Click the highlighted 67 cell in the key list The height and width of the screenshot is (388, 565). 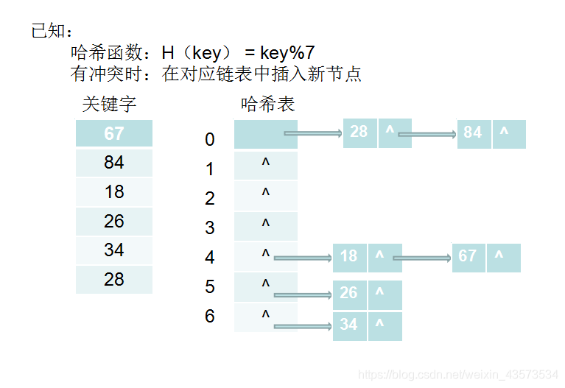tap(114, 134)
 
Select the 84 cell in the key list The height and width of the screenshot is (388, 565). tap(114, 163)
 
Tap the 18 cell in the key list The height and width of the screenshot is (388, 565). tap(114, 192)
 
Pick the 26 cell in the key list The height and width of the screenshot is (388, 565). tap(114, 222)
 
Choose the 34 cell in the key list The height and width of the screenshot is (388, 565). tap(114, 250)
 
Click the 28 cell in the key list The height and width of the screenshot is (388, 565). tap(114, 280)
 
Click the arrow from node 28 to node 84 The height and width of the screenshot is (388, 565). tap(427, 134)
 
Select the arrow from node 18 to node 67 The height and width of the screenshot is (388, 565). tap(421, 258)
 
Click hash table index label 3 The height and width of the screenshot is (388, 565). tap(210, 227)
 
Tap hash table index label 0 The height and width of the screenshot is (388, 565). tap(210, 139)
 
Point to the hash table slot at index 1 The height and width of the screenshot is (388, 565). tap(266, 165)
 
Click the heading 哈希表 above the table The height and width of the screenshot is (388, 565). tap(268, 105)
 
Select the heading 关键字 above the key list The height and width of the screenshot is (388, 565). tap(109, 105)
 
